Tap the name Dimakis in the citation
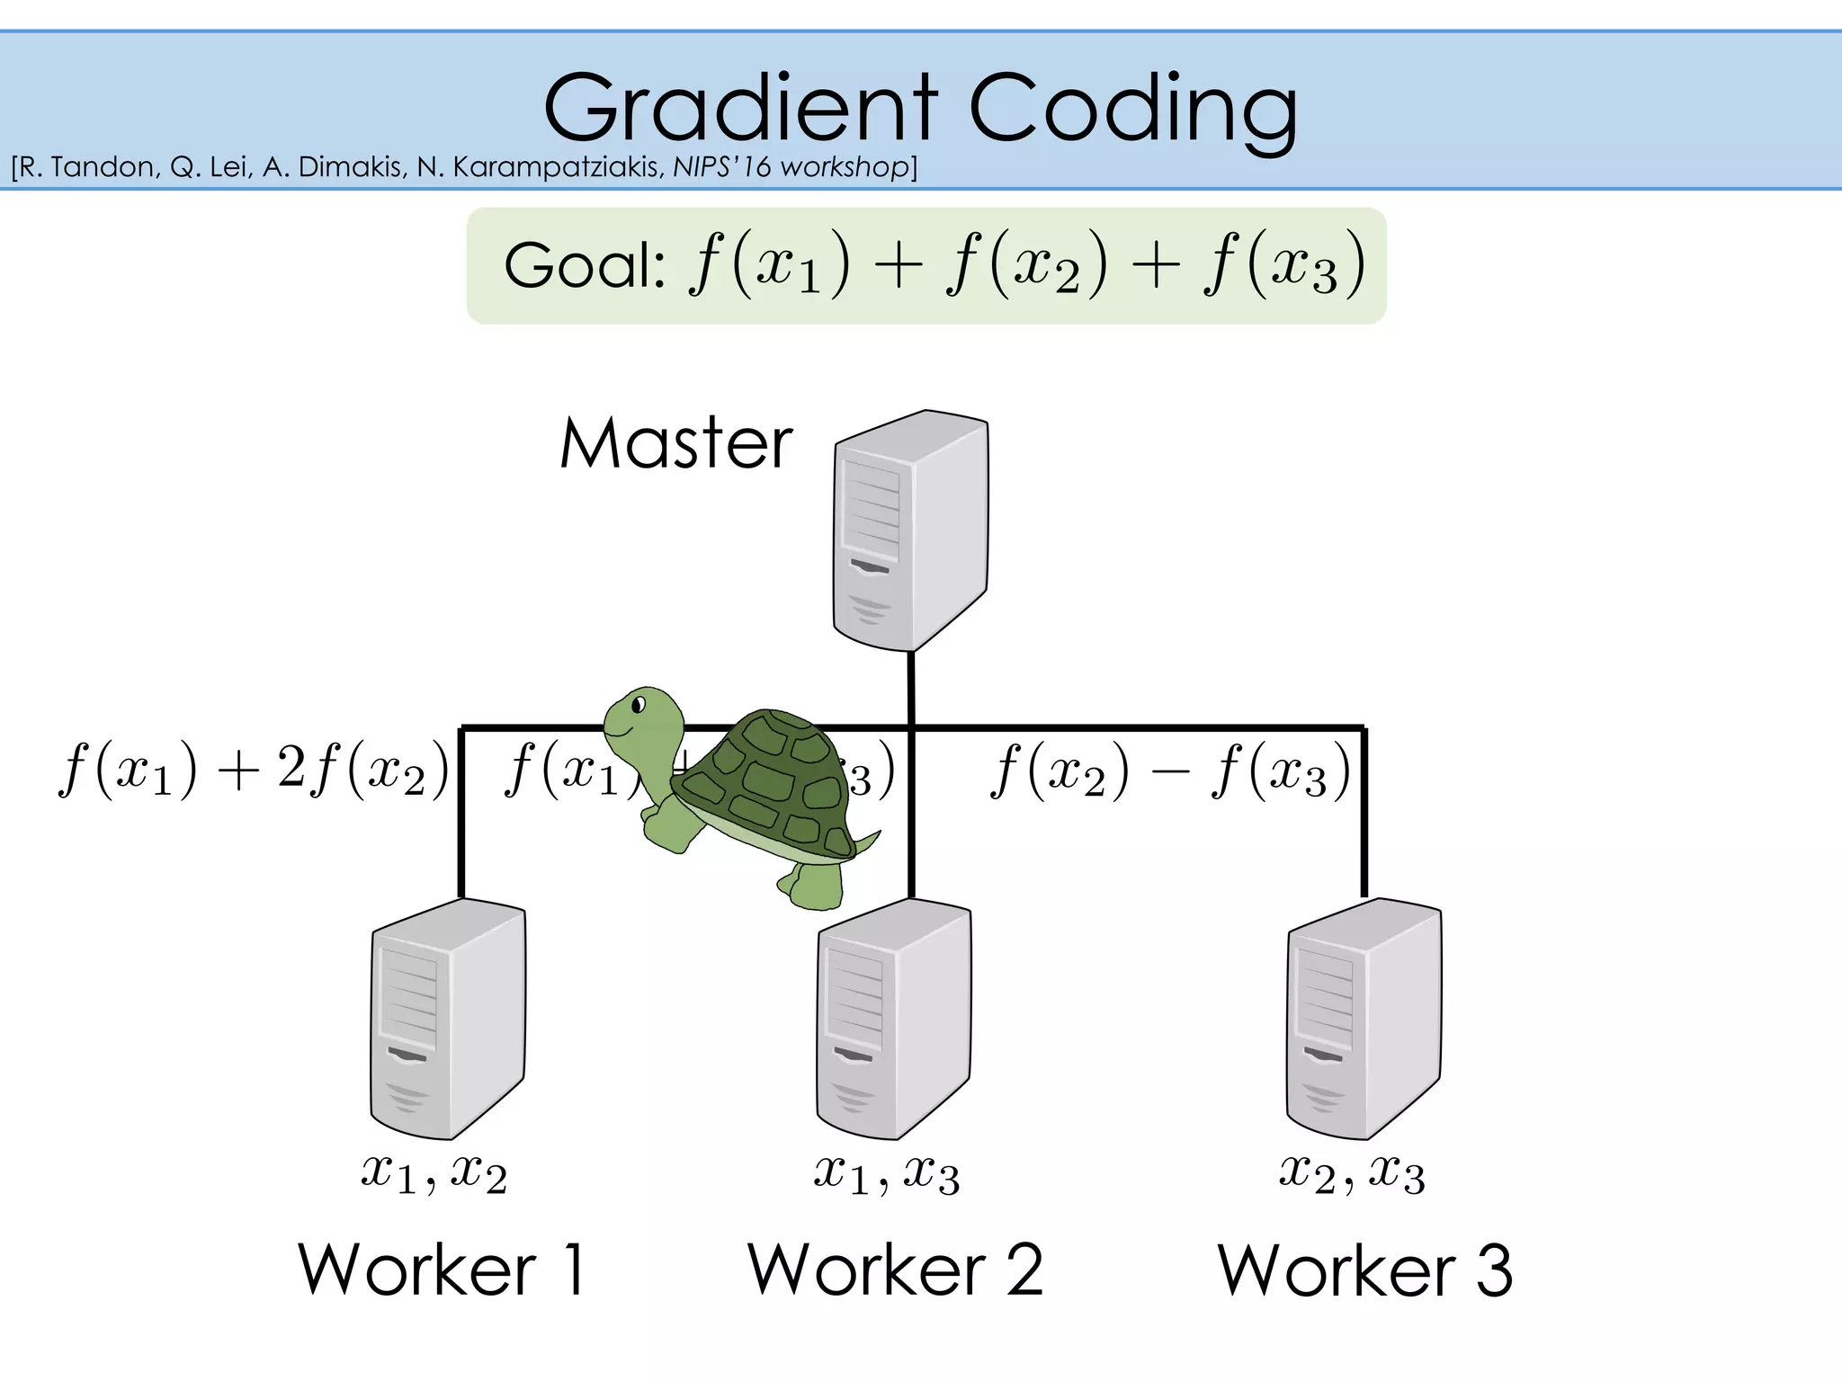tap(351, 167)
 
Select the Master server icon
tap(910, 530)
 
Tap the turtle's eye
tap(639, 705)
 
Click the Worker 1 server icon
tap(448, 1019)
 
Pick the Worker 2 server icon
tap(894, 1019)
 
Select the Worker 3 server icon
tap(1364, 1019)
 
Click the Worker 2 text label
tap(895, 1269)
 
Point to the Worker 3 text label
tap(1364, 1269)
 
